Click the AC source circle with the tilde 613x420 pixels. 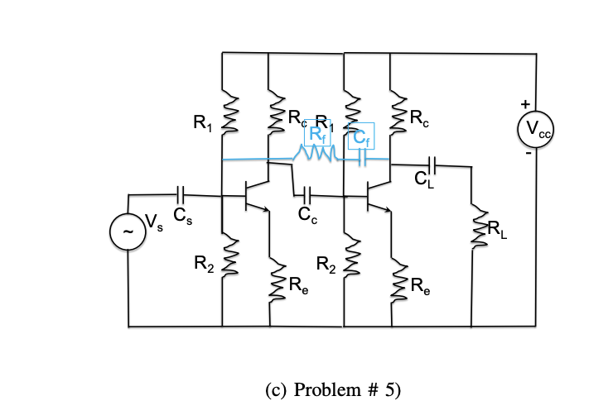(127, 233)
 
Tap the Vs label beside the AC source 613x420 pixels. (154, 220)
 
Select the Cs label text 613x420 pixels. (183, 217)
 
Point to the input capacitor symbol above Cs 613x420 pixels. (183, 195)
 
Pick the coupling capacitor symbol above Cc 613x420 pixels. (307, 195)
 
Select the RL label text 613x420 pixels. (499, 230)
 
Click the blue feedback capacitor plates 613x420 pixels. (362, 157)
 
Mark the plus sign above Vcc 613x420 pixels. (524, 104)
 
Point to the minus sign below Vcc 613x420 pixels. (524, 154)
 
